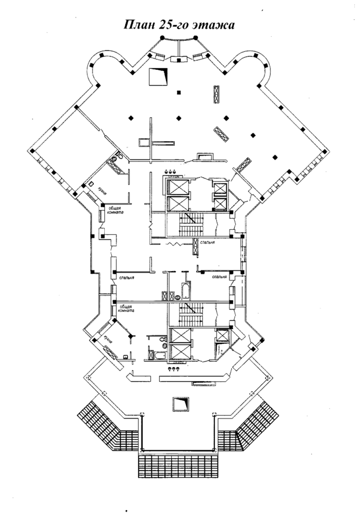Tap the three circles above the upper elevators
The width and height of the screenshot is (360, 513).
coord(172,171)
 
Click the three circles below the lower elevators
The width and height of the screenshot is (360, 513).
coord(173,368)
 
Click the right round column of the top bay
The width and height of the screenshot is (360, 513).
coord(195,38)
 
